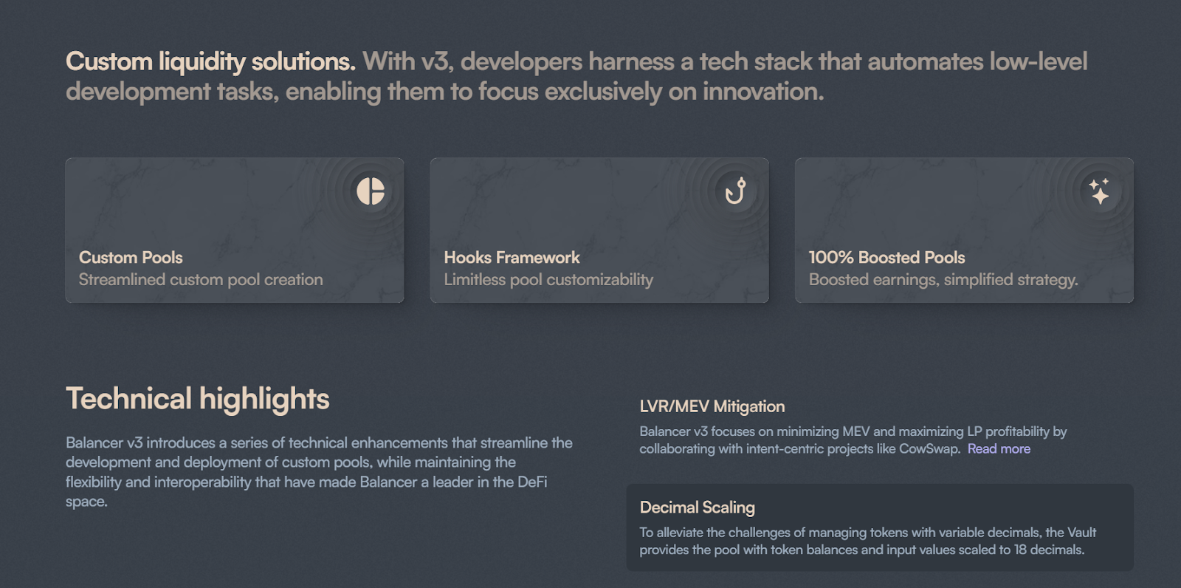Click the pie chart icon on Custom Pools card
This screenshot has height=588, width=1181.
[x=371, y=191]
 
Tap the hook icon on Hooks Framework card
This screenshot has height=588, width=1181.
[x=735, y=191]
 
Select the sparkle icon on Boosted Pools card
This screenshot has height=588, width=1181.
[x=1100, y=191]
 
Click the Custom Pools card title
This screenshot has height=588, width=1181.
[x=131, y=258]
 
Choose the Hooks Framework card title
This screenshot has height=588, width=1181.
[x=512, y=258]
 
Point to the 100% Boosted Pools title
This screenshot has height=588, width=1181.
[x=886, y=258]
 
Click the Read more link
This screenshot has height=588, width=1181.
[x=999, y=448]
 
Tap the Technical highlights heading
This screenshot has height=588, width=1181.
[x=198, y=398]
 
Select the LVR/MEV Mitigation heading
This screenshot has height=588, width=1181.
[x=712, y=406]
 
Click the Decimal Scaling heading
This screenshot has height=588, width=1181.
[x=697, y=507]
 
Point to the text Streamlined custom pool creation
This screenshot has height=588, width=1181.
[x=201, y=280]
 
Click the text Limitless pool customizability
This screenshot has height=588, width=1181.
[x=548, y=280]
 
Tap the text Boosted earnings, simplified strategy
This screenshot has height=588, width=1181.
[x=943, y=280]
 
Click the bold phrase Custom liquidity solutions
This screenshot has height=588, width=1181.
[x=211, y=62]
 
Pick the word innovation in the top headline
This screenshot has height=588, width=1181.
[x=763, y=92]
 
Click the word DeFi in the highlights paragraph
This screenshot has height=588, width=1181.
[x=532, y=482]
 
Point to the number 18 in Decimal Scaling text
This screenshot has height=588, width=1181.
[x=1021, y=550]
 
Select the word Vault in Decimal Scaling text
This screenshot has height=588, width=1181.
[x=1082, y=532]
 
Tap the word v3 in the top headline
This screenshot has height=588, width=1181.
[x=437, y=62]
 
